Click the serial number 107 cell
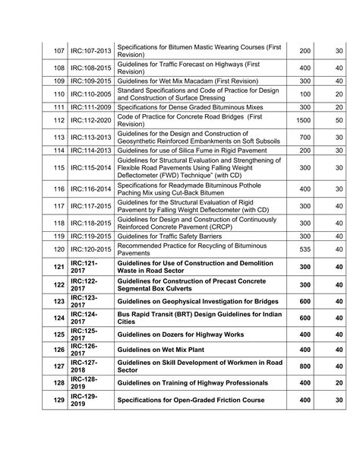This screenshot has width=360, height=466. (58, 51)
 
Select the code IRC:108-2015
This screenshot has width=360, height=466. (90, 67)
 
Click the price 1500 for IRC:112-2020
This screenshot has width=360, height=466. (303, 120)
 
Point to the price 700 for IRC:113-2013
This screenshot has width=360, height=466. (305, 137)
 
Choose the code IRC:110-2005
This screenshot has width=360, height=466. (90, 94)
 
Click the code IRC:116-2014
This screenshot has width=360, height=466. (90, 189)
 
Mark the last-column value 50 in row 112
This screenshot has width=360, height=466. (339, 120)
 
